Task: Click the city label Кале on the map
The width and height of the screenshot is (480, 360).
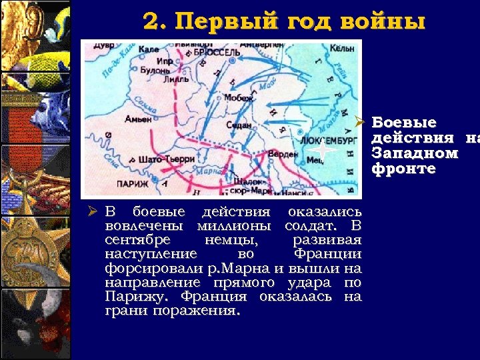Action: coord(150,49)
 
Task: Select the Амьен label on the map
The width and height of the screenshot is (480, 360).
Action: coord(138,119)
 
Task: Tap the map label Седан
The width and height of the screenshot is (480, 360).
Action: coord(239,125)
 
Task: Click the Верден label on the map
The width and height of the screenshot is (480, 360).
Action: coord(283,155)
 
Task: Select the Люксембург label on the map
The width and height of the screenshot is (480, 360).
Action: coord(325,141)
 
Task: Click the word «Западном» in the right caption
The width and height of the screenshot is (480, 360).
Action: coord(415,153)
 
